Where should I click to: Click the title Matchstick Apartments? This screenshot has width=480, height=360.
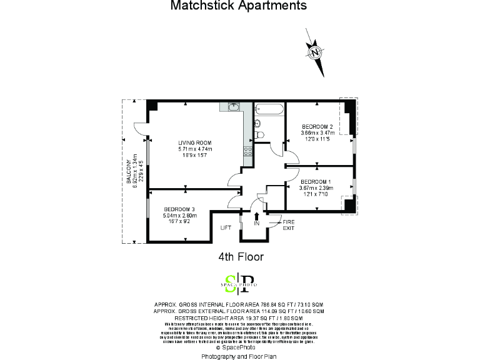point(239,6)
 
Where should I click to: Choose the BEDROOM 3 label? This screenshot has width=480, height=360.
point(180,209)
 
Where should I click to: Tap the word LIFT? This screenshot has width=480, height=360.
point(226,228)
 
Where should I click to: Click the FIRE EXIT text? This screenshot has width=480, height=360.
point(288,225)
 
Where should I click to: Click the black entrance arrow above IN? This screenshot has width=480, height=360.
point(257,215)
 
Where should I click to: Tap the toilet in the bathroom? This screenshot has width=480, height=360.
point(261,134)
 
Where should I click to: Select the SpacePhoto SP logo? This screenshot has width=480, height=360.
point(240,283)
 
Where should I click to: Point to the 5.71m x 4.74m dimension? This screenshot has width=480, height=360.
point(195,149)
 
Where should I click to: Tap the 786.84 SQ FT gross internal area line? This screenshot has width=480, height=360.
point(239,304)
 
